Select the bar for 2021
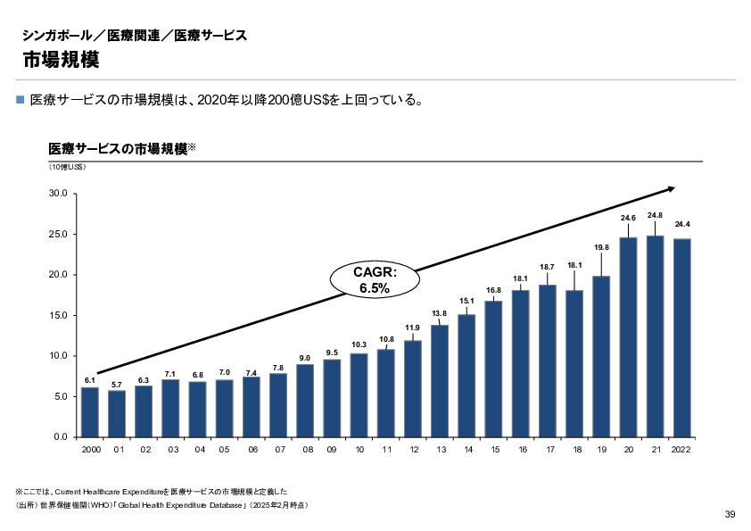pyautogui.click(x=655, y=336)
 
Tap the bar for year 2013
pyautogui.click(x=440, y=380)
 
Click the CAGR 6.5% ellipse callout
pyautogui.click(x=375, y=279)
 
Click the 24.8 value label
pyautogui.click(x=655, y=215)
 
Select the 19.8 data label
pyautogui.click(x=601, y=246)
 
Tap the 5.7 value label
pyautogui.click(x=117, y=385)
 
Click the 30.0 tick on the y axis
pyautogui.click(x=60, y=194)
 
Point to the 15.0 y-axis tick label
pyautogui.click(x=60, y=315)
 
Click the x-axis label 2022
pyautogui.click(x=681, y=451)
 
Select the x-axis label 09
pyautogui.click(x=332, y=451)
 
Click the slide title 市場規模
pyautogui.click(x=61, y=60)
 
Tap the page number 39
pyautogui.click(x=730, y=513)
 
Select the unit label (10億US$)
pyautogui.click(x=67, y=167)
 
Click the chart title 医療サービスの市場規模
pyautogui.click(x=116, y=148)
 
